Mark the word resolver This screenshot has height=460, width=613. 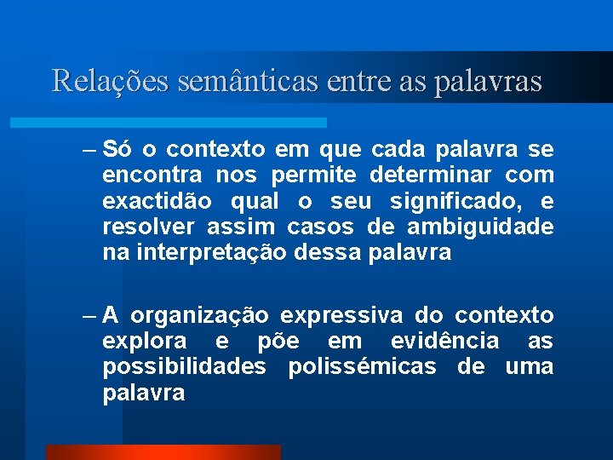[140, 227]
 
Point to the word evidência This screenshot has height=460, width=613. [444, 342]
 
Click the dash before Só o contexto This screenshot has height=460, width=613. [90, 151]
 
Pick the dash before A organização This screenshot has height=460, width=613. [90, 317]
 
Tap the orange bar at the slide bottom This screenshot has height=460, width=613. [163, 451]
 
